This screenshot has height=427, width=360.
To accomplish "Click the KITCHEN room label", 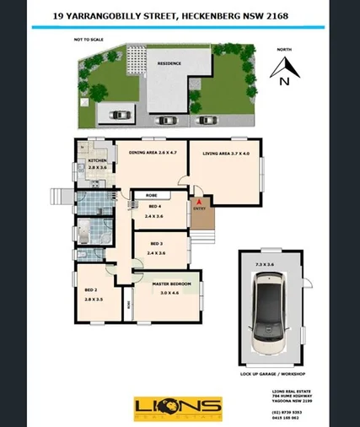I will pyautogui.click(x=97, y=160).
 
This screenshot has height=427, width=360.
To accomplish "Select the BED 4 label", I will pyautogui.click(x=154, y=207).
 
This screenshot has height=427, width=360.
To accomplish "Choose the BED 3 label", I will pyautogui.click(x=154, y=243).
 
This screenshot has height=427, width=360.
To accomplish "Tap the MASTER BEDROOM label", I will pyautogui.click(x=175, y=284).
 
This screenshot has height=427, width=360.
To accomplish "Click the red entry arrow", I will pyautogui.click(x=198, y=203).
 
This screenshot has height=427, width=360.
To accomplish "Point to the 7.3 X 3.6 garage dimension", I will pyautogui.click(x=265, y=264).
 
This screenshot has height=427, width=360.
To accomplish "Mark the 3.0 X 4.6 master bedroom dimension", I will pyautogui.click(x=173, y=294).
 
